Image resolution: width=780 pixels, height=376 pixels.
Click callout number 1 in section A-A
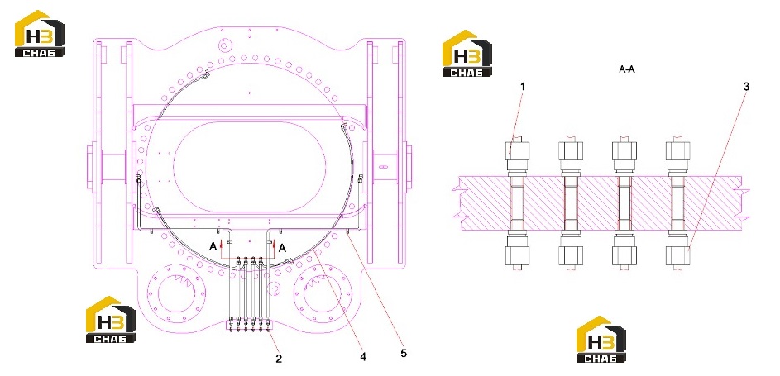(523, 87)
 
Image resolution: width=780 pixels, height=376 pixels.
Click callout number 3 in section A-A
(746, 87)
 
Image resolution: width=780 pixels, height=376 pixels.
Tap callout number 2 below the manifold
(279, 358)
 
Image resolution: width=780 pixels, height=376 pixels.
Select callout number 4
(364, 357)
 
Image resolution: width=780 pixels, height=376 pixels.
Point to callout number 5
(404, 353)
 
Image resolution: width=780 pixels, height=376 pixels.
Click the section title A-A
(627, 69)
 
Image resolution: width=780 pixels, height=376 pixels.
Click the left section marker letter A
(213, 246)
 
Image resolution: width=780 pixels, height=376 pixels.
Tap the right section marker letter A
(282, 248)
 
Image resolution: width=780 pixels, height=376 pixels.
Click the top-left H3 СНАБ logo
(40, 33)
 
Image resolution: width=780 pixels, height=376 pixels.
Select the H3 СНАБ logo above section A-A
(467, 53)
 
